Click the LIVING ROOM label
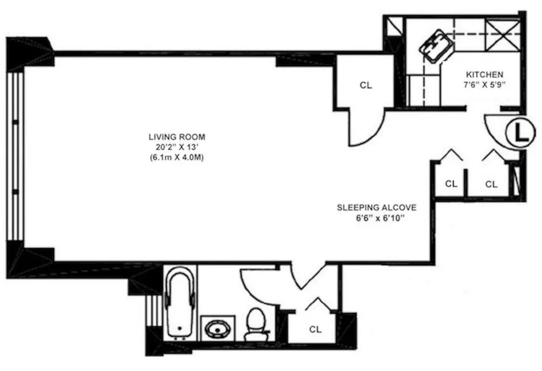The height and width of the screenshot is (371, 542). pyautogui.click(x=176, y=137)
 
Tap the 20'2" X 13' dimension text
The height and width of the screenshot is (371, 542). pyautogui.click(x=176, y=147)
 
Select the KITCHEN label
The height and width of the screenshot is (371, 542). pyautogui.click(x=484, y=75)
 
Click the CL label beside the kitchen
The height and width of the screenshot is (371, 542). pyautogui.click(x=366, y=85)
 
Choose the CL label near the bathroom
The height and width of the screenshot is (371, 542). pyautogui.click(x=316, y=330)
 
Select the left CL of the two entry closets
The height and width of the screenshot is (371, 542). pyautogui.click(x=451, y=184)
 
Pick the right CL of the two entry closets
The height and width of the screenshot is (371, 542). pyautogui.click(x=491, y=184)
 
